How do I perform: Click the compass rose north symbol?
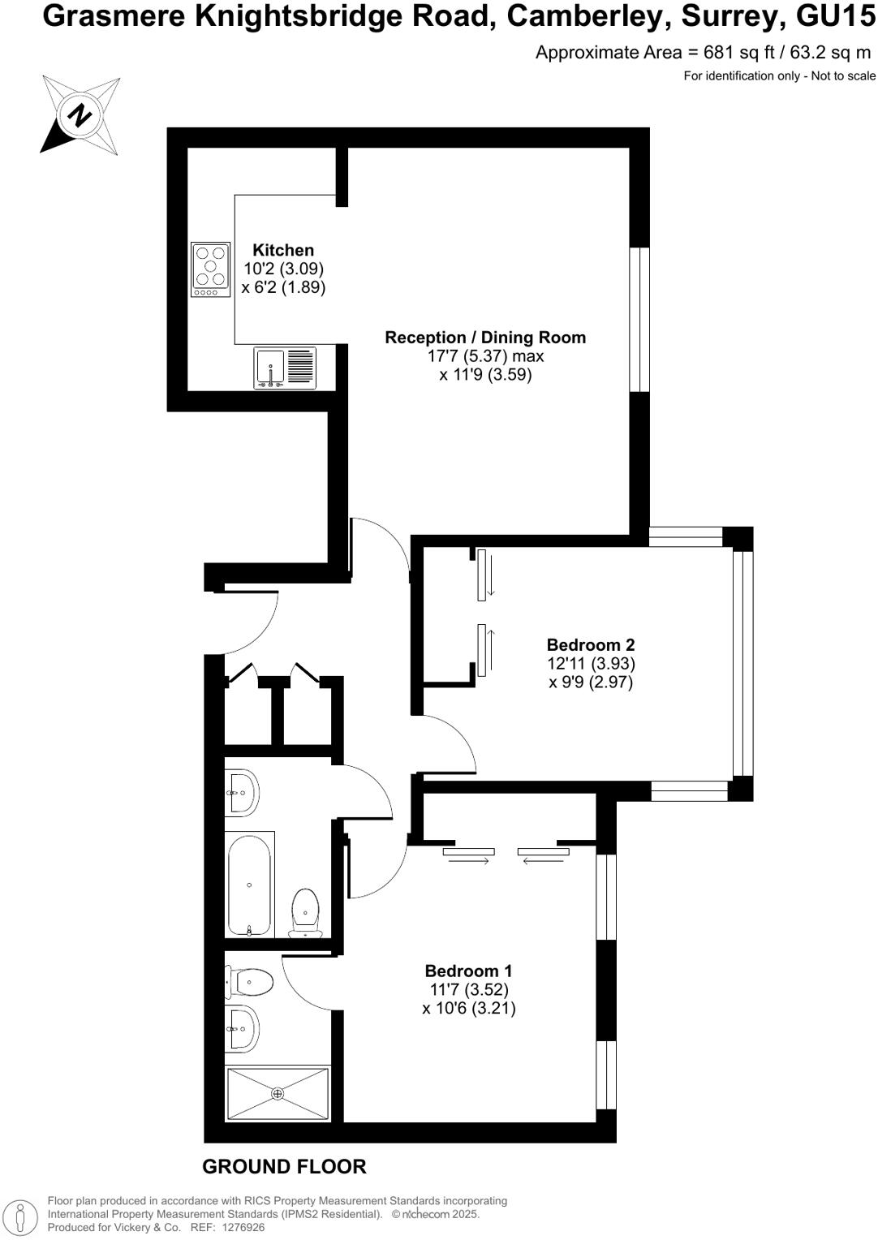point(80,115)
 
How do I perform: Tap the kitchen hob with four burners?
point(210,269)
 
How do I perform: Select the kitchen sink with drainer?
point(284,368)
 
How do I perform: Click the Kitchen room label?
point(283,250)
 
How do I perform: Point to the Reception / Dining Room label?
point(485,338)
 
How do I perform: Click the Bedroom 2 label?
point(591,645)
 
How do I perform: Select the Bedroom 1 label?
point(469,971)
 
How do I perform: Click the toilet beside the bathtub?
point(305,913)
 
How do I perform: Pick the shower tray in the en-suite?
point(278,1094)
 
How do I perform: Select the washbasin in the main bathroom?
point(241,792)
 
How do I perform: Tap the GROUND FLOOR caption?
point(284,1167)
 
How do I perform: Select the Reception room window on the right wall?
point(640,319)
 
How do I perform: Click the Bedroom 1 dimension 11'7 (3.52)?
point(469,990)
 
